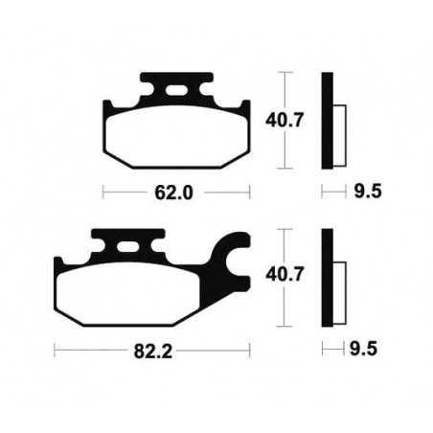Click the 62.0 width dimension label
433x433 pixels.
coord(177,193)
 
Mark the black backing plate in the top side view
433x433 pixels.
coord(327,119)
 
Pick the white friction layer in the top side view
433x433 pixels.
coord(337,125)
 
